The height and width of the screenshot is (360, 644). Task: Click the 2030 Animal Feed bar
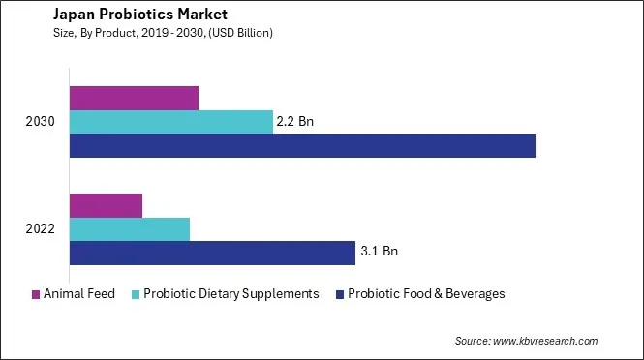click(x=134, y=98)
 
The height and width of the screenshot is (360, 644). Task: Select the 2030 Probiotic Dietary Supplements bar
click(x=171, y=122)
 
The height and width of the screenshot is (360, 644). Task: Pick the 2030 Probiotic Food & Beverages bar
click(x=302, y=145)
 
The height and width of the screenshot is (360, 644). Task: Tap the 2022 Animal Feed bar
click(x=106, y=205)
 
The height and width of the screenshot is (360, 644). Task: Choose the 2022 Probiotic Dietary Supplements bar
click(x=130, y=229)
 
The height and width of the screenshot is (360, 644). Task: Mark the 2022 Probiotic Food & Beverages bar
click(x=212, y=253)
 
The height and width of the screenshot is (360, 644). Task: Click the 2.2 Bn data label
click(x=296, y=122)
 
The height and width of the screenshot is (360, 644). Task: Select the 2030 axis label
click(x=41, y=122)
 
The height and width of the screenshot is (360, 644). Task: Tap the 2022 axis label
click(x=41, y=229)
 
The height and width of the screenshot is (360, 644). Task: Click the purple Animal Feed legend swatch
click(x=36, y=294)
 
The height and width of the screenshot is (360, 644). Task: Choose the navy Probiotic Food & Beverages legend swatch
click(x=339, y=294)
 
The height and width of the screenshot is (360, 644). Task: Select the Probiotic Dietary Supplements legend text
click(x=230, y=294)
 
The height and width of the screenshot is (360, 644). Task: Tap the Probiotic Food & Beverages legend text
click(x=426, y=294)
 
